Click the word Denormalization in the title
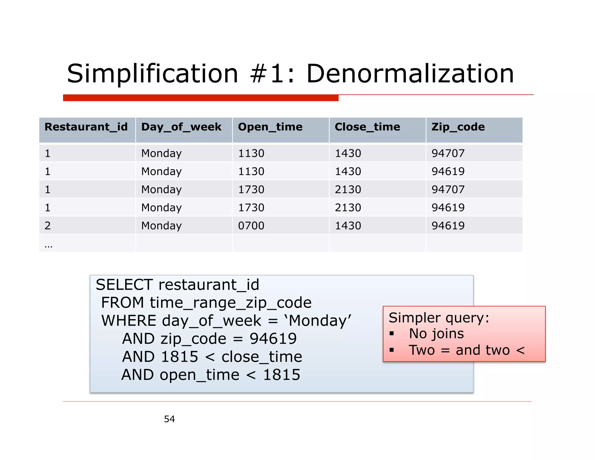410,74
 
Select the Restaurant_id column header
86,127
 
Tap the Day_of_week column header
181,127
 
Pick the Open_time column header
270,127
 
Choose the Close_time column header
367,127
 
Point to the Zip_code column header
458,127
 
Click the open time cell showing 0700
251,226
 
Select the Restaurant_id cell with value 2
48,226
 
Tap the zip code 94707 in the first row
448,153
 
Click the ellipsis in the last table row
49,246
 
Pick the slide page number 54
169,419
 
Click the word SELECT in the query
124,285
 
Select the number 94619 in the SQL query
273,339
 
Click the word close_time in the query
262,357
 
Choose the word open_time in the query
199,375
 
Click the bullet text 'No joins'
436,334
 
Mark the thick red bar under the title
200,98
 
